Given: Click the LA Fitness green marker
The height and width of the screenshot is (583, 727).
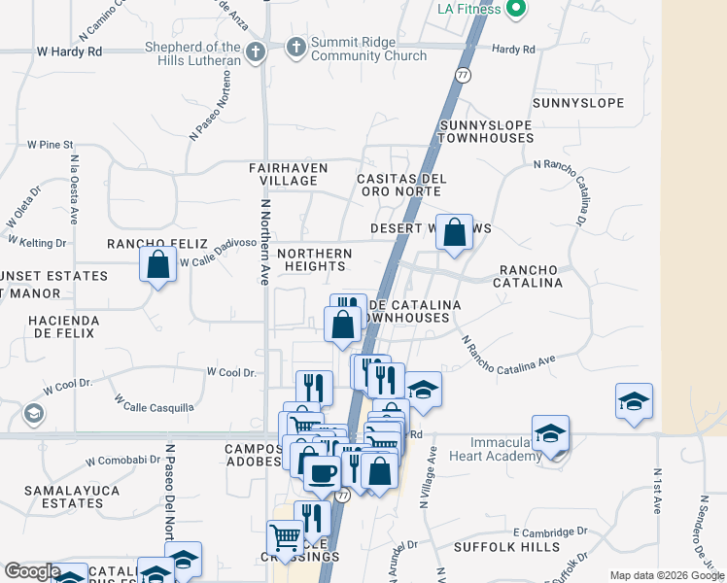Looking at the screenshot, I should pyautogui.click(x=516, y=11).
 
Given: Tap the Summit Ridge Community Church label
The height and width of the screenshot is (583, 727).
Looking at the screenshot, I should pyautogui.click(x=369, y=50).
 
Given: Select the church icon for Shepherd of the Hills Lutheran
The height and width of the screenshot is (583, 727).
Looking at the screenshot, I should pyautogui.click(x=255, y=51).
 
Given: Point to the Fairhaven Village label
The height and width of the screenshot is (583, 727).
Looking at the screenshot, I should pyautogui.click(x=288, y=174).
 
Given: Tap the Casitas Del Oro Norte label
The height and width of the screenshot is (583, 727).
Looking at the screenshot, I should pyautogui.click(x=401, y=185).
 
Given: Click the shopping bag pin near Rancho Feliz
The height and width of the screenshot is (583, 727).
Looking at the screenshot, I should pyautogui.click(x=157, y=264).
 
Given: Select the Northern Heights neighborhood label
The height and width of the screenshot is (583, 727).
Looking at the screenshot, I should pyautogui.click(x=314, y=259).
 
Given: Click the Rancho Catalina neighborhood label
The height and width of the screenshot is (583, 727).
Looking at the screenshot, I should pyautogui.click(x=530, y=276).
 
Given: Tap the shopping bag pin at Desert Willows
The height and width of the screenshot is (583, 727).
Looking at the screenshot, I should pyautogui.click(x=454, y=233).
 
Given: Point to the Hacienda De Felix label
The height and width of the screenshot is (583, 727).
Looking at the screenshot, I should pyautogui.click(x=62, y=326).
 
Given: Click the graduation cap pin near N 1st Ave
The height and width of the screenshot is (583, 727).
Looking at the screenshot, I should pyautogui.click(x=633, y=402).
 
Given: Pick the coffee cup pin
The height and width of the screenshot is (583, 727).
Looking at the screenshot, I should pyautogui.click(x=322, y=473).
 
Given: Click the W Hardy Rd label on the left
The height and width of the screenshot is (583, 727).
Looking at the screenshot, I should pyautogui.click(x=68, y=50).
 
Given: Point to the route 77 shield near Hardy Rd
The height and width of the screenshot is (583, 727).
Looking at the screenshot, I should pyautogui.click(x=464, y=74).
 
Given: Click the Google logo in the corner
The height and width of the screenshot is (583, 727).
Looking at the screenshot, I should pyautogui.click(x=32, y=571).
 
